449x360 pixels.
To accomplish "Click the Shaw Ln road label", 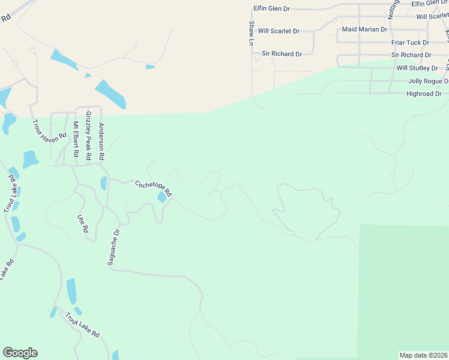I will coord(251,33).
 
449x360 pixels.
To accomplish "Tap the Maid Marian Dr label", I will coord(364,29).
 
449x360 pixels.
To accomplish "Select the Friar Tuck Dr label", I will coord(410,43).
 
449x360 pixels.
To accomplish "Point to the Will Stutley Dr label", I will coord(421,68).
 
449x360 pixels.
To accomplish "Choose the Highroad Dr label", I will coord(424,94).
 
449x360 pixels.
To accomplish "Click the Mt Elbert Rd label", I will coord(76,139).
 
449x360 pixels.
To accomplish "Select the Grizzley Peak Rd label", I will coord(88,135).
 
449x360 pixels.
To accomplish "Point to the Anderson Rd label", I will coord(101,141).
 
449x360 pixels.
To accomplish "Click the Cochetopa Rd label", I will coord(153,188).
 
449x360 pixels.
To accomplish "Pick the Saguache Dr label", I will coord(114,246).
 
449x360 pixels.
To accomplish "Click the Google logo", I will coord(20,353).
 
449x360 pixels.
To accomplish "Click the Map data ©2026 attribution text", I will coord(423,355).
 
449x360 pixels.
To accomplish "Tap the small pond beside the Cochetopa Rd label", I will coord(162,197).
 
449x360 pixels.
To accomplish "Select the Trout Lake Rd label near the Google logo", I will coord(82,326).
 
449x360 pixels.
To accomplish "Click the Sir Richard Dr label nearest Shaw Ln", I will coord(282,54).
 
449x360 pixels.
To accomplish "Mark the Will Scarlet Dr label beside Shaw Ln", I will coord(279,31).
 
